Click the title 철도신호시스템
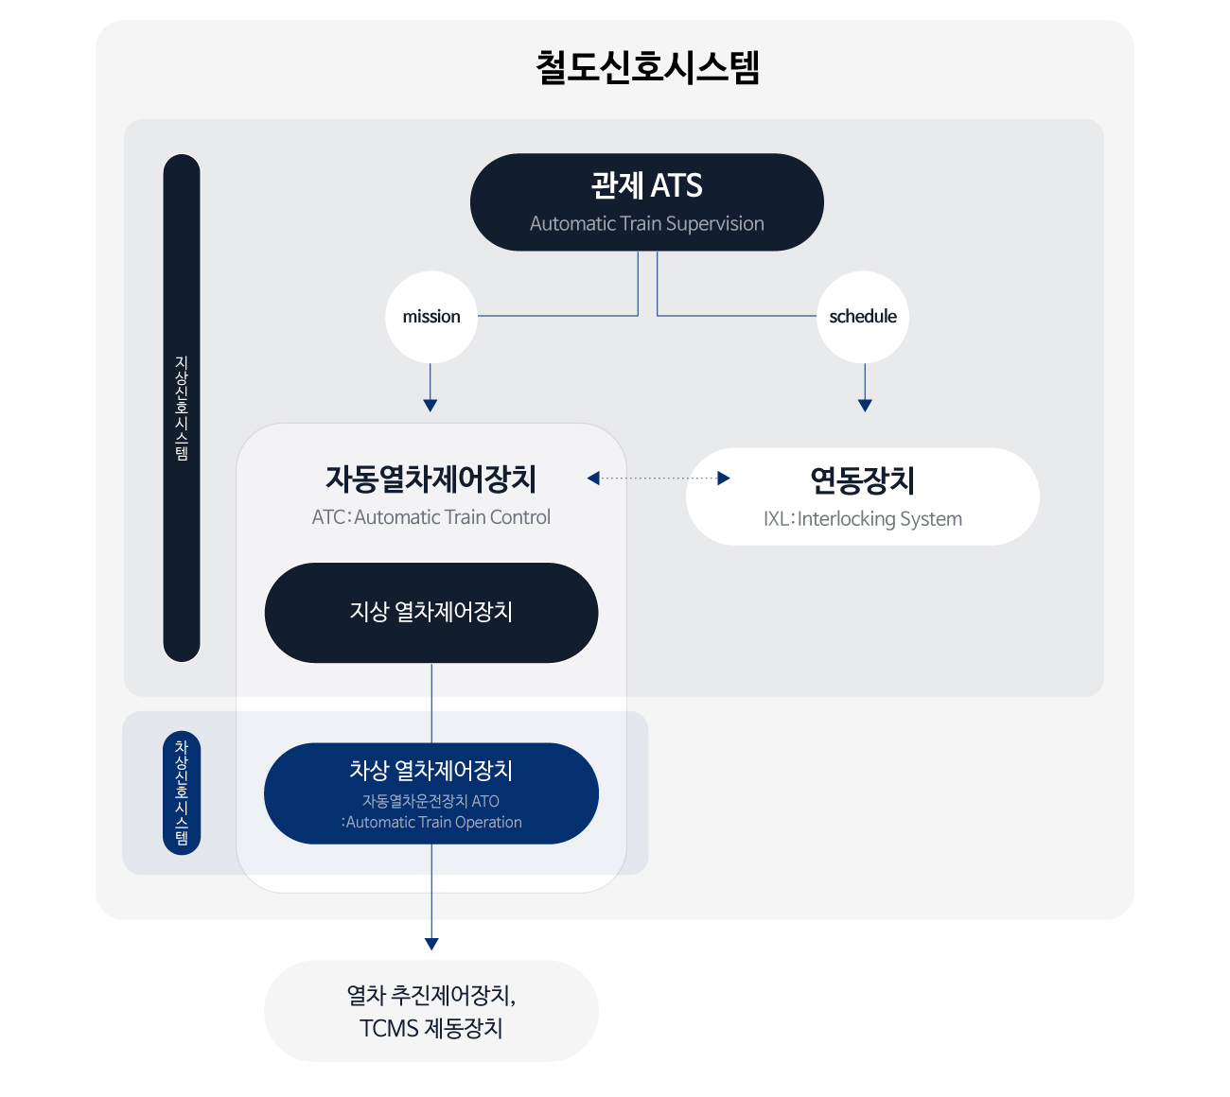(647, 67)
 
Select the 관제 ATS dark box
(646, 202)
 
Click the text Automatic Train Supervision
(646, 223)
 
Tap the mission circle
(431, 317)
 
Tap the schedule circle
(863, 317)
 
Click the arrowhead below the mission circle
(430, 406)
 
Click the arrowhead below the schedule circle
(865, 406)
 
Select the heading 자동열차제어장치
(431, 479)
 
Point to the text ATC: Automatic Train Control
(431, 517)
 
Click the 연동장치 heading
(863, 480)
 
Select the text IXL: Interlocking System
(863, 519)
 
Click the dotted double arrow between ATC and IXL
(659, 479)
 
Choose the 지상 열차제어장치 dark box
(431, 613)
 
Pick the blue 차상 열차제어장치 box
(431, 793)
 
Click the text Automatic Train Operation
(433, 822)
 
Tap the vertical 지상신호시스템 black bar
(182, 408)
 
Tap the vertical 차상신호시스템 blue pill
(182, 793)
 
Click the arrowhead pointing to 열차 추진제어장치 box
(431, 944)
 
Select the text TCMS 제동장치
(431, 1029)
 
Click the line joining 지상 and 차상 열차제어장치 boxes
(431, 704)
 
